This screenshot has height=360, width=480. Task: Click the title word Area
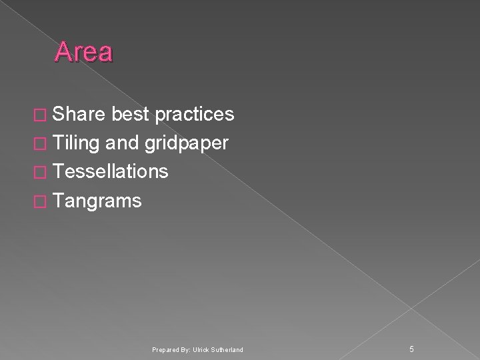84,52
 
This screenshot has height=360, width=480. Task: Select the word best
132,115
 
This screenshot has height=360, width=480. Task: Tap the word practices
194,115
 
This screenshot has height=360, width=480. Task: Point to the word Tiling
76,143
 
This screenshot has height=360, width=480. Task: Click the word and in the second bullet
121,143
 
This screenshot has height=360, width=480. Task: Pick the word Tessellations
110,172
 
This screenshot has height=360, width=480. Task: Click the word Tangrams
97,201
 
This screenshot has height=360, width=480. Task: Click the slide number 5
411,348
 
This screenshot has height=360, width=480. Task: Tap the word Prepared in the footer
164,349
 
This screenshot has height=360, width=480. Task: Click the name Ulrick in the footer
201,349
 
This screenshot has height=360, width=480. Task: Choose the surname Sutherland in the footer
227,349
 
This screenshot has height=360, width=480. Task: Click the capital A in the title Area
63,52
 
